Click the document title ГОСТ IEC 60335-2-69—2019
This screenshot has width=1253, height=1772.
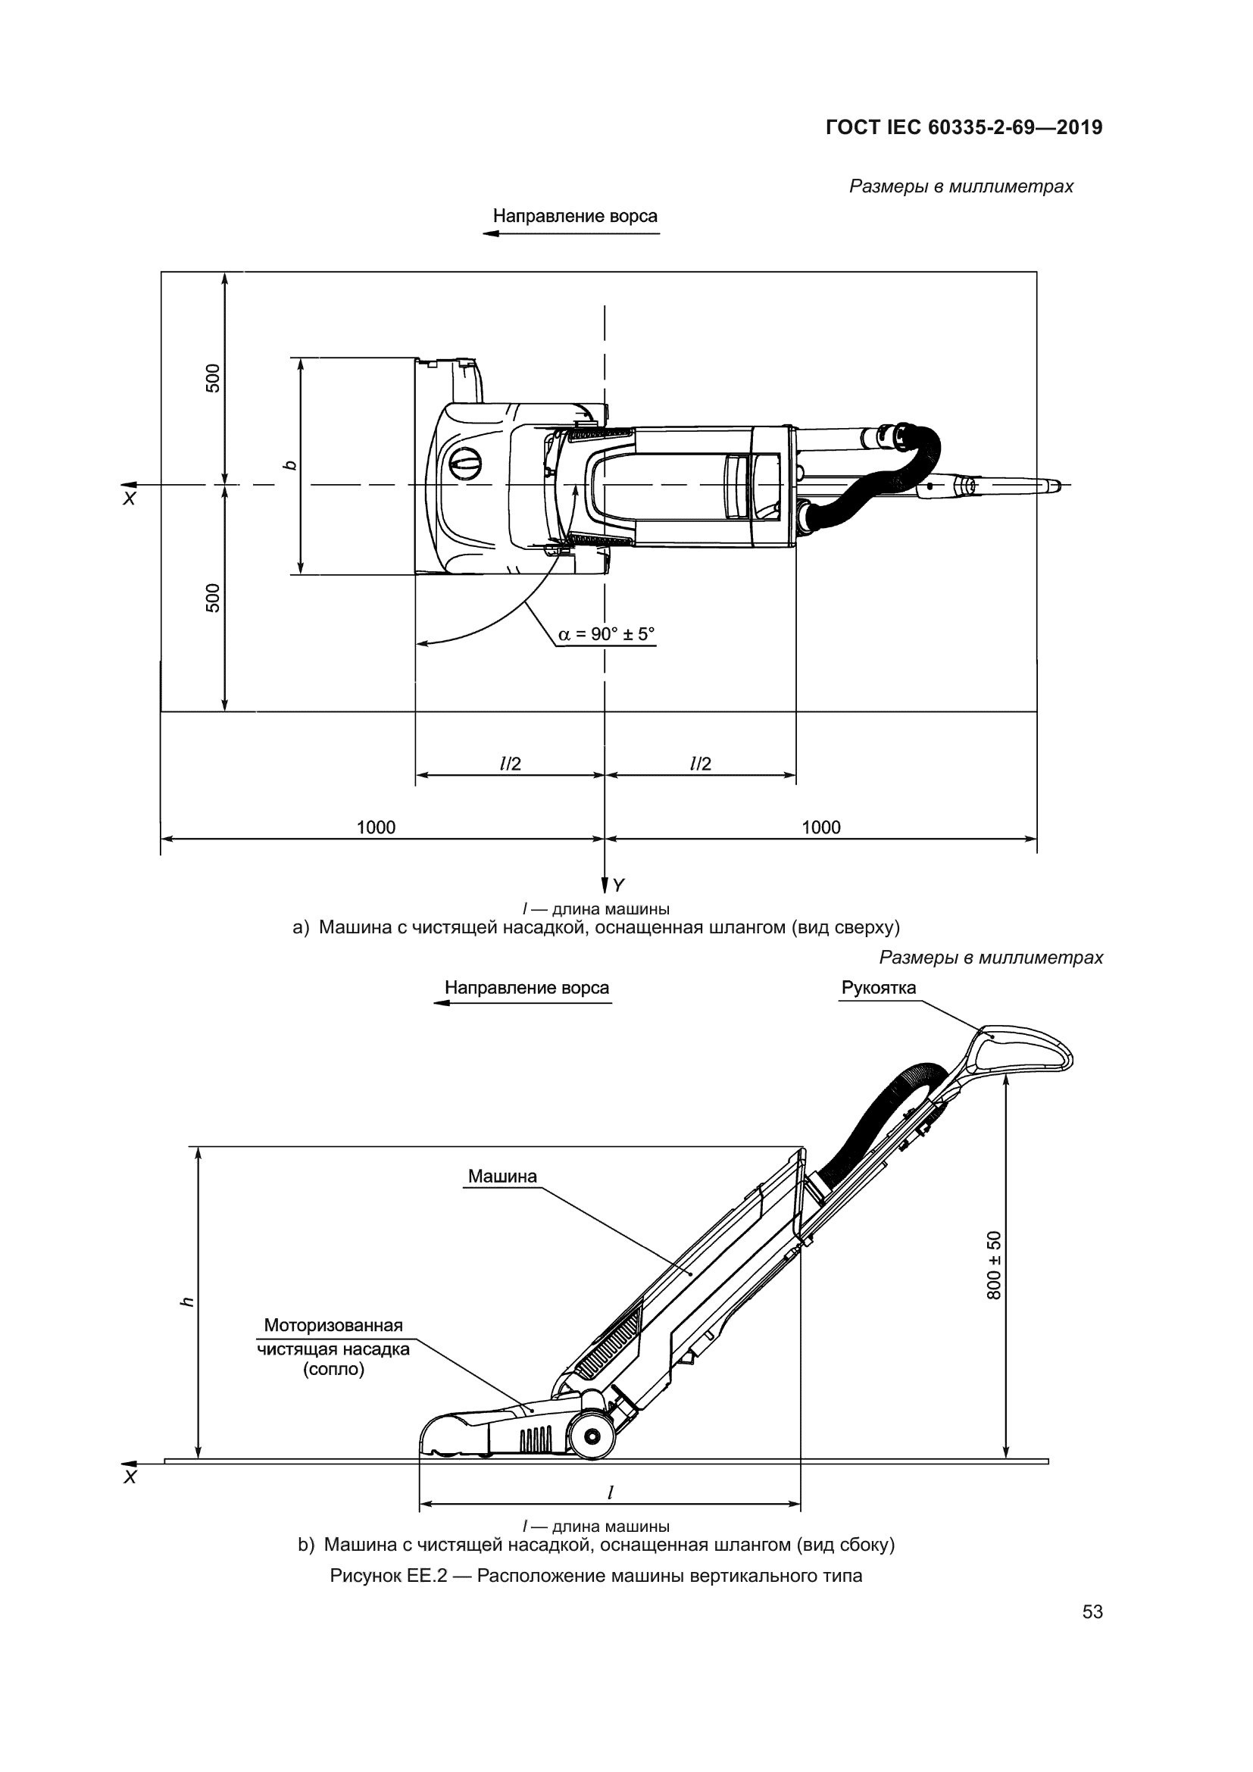(x=964, y=127)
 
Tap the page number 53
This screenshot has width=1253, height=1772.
(x=1092, y=1611)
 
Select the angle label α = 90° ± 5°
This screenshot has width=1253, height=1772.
(x=606, y=634)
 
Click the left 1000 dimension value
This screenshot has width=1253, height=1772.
(x=376, y=827)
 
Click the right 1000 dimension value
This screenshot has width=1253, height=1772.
(x=821, y=827)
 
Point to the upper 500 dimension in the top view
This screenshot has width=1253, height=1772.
(x=213, y=378)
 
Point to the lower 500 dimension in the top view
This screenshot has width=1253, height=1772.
(x=213, y=598)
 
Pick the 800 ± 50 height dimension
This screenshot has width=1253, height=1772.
(x=995, y=1265)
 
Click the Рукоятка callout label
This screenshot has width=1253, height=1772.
(x=879, y=988)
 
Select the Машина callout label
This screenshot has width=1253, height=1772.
(x=502, y=1177)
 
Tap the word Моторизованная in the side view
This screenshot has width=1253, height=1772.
(x=333, y=1325)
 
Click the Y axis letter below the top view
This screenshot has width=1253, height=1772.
(x=618, y=885)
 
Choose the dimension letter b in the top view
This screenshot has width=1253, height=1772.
(x=289, y=465)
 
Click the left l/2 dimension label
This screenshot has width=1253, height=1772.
(x=511, y=764)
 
